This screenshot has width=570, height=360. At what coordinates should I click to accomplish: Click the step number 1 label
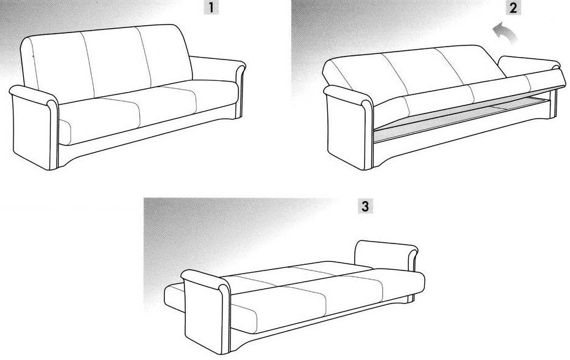tap(211, 7)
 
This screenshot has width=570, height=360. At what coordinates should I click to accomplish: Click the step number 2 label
tap(513, 7)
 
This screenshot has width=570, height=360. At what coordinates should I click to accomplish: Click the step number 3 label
tap(365, 206)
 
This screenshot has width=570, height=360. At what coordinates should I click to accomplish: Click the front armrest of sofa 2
tap(349, 128)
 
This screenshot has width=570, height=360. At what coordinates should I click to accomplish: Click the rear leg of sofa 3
tap(411, 299)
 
